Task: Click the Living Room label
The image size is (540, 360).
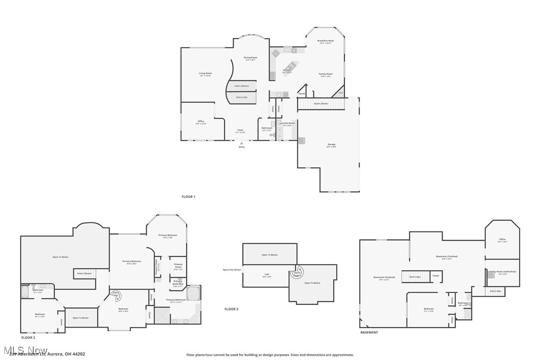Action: click(x=205, y=74)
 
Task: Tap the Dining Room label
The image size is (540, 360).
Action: click(x=250, y=58)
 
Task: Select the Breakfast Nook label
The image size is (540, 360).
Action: click(x=326, y=41)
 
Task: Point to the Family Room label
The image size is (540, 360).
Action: click(x=326, y=74)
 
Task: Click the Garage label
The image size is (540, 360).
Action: click(x=331, y=145)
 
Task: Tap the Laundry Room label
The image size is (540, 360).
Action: click(x=287, y=123)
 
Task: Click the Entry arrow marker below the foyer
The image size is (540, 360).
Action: click(x=242, y=143)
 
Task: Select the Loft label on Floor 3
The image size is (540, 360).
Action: click(x=267, y=274)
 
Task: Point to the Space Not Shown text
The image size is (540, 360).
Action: click(x=232, y=270)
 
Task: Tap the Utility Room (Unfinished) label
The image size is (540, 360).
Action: click(x=503, y=271)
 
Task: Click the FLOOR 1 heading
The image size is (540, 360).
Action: click(x=188, y=197)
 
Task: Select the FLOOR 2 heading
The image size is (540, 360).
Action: click(x=28, y=338)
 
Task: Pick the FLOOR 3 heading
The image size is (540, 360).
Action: click(x=231, y=309)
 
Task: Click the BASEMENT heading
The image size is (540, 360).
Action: click(x=369, y=332)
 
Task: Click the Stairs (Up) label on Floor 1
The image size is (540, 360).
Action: click(x=242, y=97)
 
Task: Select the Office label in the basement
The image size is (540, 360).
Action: click(x=502, y=240)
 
